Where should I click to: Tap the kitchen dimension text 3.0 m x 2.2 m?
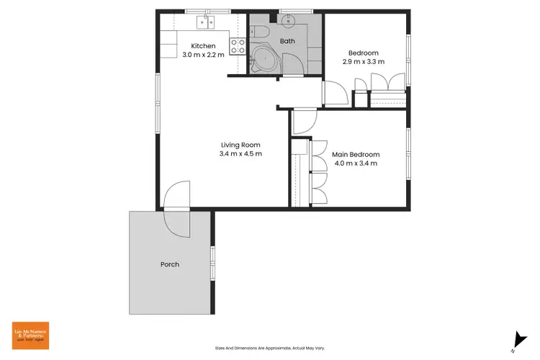[204, 55]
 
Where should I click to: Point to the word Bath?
[287, 41]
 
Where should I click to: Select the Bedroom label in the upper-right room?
[363, 53]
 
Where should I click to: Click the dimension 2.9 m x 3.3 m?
[363, 62]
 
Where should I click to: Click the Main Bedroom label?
[356, 154]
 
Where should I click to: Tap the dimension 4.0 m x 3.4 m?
[356, 163]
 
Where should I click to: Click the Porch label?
[169, 264]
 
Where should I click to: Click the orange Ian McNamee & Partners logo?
[30, 336]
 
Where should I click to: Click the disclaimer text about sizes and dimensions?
[270, 348]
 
